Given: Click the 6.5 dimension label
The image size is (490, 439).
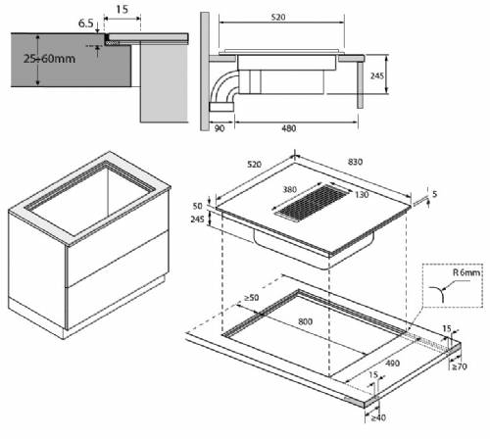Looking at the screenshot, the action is pos(85,24).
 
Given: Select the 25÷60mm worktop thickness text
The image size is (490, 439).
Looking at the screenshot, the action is pos(49,59).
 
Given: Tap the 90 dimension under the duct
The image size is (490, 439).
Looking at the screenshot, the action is pos(220,128).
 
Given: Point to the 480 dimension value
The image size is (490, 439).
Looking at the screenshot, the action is pos(289,128).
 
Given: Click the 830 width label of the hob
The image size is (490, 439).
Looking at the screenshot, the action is pos(355,162).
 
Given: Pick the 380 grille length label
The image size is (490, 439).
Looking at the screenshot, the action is pos(289,189).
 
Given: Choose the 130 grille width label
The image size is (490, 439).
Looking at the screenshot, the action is pos(362,195).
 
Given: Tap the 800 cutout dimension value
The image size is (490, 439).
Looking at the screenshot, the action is pos(305,321).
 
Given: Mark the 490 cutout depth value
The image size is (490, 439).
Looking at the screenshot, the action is pos(392,363).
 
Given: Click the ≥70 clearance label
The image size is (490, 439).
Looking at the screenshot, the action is pos(460,366).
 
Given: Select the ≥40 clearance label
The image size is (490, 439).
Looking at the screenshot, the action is pos(378,417).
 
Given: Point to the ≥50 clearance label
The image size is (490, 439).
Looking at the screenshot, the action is pos(251,298).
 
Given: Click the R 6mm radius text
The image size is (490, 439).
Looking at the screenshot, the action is pos(466,272).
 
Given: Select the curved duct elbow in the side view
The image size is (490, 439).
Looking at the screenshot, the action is pos(222,86).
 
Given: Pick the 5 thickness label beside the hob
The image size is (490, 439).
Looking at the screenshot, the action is pos(434,194).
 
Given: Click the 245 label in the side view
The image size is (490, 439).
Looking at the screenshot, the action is pos(376,76).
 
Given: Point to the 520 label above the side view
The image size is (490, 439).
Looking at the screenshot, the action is pos(278,17).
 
